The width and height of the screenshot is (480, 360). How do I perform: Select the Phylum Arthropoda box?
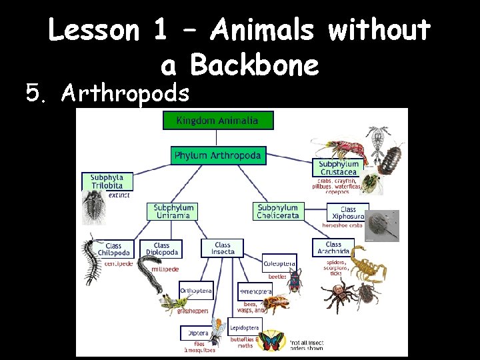point(218,156)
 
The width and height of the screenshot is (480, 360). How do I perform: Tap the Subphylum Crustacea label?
point(339,168)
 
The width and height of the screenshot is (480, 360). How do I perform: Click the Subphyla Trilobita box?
point(107,182)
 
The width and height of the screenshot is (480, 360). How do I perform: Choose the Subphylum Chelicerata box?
point(277,211)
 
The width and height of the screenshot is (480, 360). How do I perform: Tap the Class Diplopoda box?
point(161,249)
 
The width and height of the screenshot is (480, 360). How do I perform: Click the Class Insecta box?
point(223,249)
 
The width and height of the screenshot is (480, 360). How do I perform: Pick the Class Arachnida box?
point(333,248)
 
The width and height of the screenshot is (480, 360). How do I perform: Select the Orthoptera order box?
point(196,291)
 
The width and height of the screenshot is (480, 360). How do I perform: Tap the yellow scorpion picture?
point(367,264)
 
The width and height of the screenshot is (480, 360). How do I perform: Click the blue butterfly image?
point(271,341)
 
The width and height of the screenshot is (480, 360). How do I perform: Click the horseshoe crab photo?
point(384,225)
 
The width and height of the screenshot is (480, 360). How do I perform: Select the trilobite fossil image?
point(93,207)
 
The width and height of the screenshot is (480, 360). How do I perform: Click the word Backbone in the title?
point(254,65)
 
